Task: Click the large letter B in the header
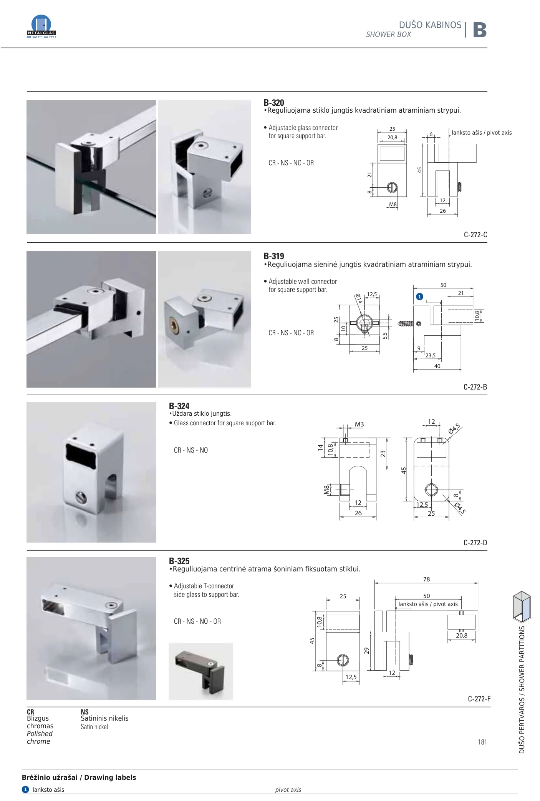point(480,30)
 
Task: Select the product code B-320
point(274,103)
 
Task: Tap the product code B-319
point(274,256)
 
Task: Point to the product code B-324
point(179,406)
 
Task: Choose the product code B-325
point(179,561)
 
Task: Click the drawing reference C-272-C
point(475,235)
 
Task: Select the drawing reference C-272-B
point(475,387)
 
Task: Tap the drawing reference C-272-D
point(475,543)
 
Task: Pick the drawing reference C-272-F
point(479,699)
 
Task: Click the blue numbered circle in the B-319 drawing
point(420,296)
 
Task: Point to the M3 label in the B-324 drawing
point(359,425)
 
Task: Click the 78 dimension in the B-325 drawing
point(426,579)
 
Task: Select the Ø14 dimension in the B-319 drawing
point(359,298)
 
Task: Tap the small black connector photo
point(201,671)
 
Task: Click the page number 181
point(482,742)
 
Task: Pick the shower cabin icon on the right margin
point(522,606)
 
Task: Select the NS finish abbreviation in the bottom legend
point(84,712)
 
